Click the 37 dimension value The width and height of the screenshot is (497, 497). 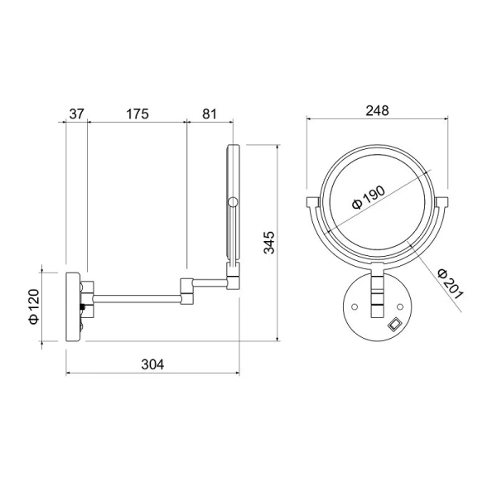pos(76,113)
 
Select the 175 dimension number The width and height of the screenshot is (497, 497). pos(138,113)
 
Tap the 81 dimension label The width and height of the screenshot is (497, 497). pos(210,113)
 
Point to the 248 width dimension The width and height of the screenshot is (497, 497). pos(377,111)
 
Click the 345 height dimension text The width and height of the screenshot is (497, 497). pos(269,243)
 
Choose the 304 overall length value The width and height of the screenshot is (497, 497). pos(152,364)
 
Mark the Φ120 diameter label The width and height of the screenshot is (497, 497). pos(34,306)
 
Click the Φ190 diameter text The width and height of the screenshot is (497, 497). pos(369,197)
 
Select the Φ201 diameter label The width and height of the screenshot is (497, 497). pos(450,283)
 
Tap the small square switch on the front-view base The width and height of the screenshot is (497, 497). pos(394,325)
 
